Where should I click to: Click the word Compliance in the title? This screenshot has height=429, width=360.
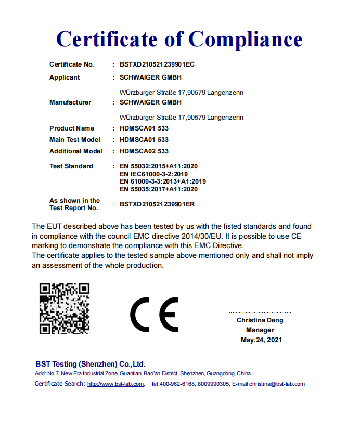tap(245, 39)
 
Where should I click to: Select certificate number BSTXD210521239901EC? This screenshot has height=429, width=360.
tap(157, 64)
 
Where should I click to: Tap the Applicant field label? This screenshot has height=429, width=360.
tap(65, 77)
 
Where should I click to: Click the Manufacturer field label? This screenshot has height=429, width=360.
tap(70, 102)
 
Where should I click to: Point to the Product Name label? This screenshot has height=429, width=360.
tap(72, 128)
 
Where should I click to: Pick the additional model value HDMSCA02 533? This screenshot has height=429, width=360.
tap(144, 151)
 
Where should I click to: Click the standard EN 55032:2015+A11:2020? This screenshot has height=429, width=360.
tap(159, 166)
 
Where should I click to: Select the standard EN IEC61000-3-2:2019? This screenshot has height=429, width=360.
tap(153, 174)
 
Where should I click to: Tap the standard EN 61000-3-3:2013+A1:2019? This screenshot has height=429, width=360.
tap(163, 181)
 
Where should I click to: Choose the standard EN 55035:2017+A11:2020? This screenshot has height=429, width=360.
tap(159, 189)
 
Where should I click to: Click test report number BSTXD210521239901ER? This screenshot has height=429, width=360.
tap(157, 204)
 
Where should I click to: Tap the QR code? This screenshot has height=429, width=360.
tap(65, 309)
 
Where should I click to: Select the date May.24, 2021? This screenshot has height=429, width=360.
tap(261, 340)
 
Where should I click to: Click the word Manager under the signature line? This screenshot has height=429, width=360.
tap(260, 330)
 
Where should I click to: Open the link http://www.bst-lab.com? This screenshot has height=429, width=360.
tap(115, 384)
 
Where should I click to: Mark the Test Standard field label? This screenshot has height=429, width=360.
tap(71, 166)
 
